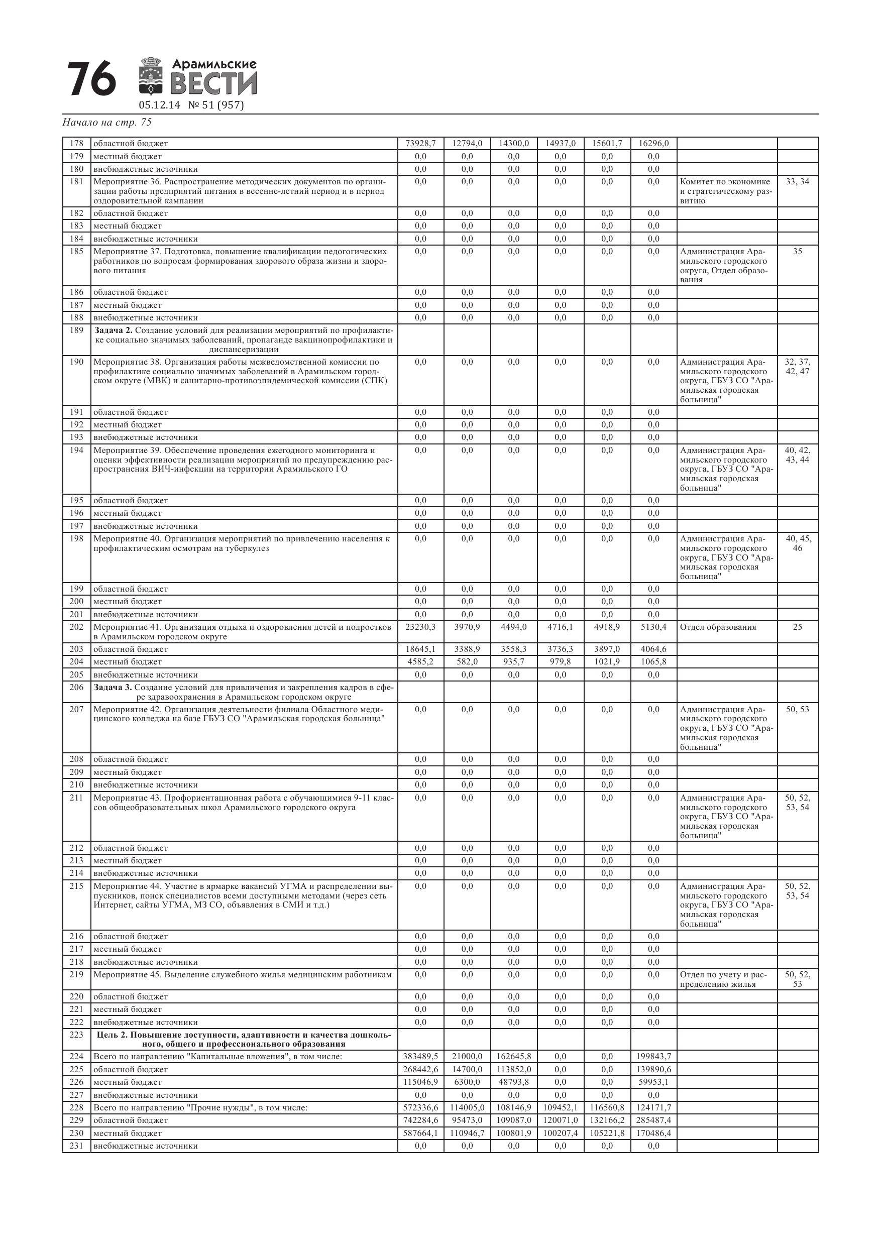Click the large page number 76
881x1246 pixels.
(91, 79)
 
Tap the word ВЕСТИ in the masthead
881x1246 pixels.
(213, 84)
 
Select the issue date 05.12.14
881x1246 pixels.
(159, 105)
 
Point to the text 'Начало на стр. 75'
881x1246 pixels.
(107, 123)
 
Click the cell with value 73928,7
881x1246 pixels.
(421, 144)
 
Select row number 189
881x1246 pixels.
(76, 330)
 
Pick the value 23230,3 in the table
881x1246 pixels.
(421, 627)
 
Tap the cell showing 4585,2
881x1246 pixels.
(421, 662)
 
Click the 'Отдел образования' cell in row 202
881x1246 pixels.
(718, 627)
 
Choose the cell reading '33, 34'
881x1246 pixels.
(797, 182)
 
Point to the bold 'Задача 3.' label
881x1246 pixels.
(113, 688)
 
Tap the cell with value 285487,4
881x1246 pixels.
(653, 1120)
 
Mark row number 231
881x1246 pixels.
(76, 1146)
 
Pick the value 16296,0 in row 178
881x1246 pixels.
(653, 144)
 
